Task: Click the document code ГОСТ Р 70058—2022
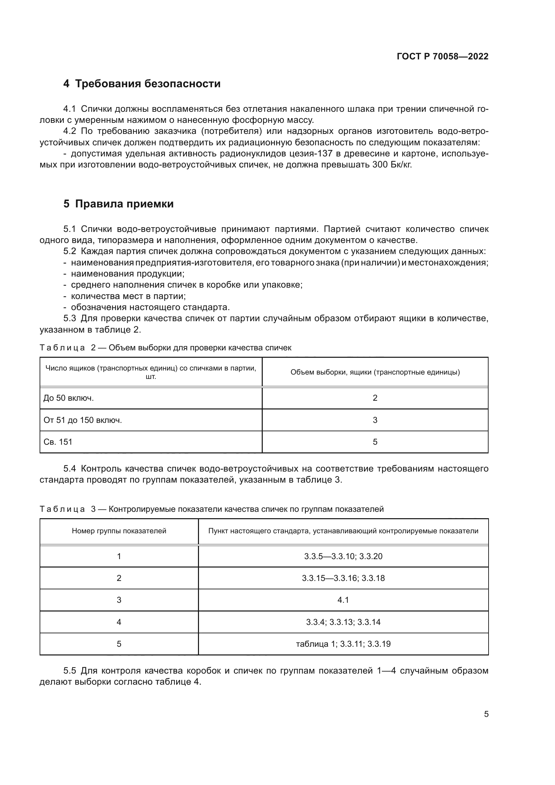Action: pos(443,56)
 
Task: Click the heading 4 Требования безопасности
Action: pos(142,84)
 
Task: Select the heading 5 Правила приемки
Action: pos(118,204)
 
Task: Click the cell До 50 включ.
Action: pos(69,398)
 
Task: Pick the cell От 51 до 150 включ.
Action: pos(83,420)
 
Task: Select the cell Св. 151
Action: pos(58,442)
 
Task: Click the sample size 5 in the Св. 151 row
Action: pos(375,442)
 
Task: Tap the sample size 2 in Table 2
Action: pos(375,398)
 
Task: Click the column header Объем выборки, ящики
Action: pos(375,372)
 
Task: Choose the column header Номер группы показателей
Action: pos(119,531)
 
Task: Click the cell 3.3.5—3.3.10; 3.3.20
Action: pos(343,556)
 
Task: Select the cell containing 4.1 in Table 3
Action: pos(343,600)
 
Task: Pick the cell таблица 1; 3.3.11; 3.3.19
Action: pos(343,644)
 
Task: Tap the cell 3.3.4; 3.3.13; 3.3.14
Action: pos(343,622)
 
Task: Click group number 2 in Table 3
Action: pos(119,578)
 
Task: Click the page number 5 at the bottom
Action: pos(486,714)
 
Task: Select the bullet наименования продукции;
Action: pos(128,274)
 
